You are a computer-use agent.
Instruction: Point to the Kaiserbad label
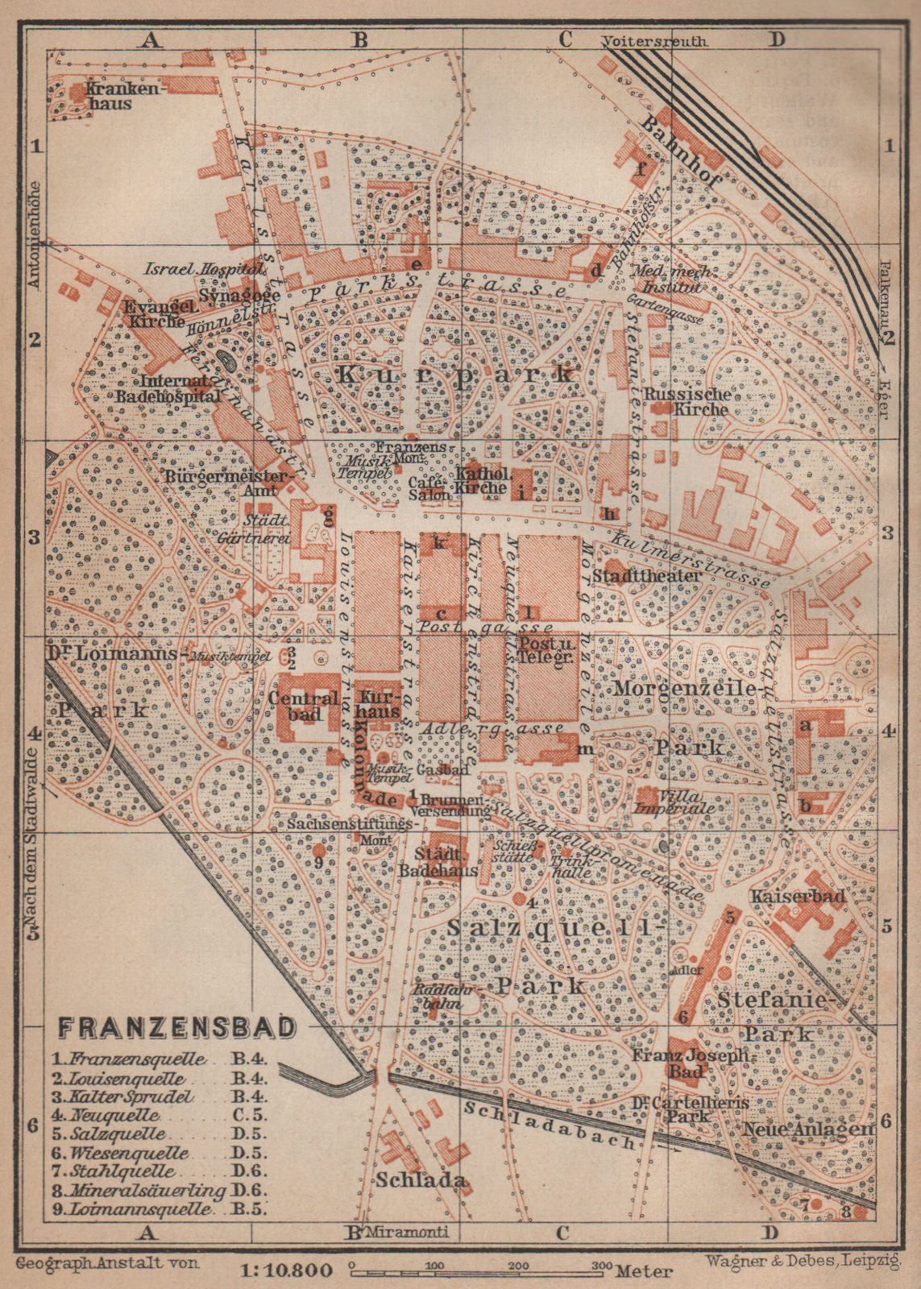click(797, 896)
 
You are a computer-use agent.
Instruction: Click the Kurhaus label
click(379, 704)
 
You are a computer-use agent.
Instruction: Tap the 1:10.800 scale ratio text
click(286, 1272)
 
